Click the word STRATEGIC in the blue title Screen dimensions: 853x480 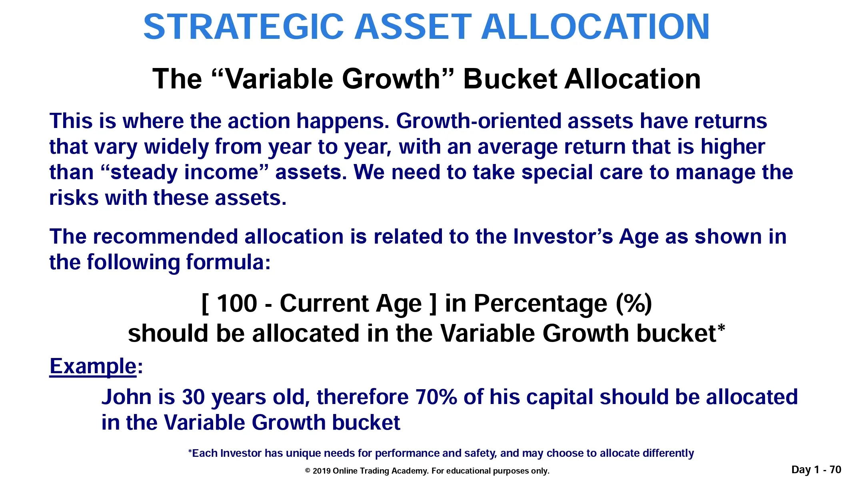pos(244,26)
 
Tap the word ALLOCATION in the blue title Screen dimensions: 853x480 pos(595,26)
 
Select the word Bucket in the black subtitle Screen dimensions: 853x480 pos(510,78)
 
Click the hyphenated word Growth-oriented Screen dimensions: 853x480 pos(479,121)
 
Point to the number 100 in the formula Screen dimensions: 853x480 pos(237,303)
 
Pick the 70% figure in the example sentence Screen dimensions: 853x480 pos(436,397)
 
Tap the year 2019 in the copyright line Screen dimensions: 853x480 pos(321,471)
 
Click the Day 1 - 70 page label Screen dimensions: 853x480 pos(816,470)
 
